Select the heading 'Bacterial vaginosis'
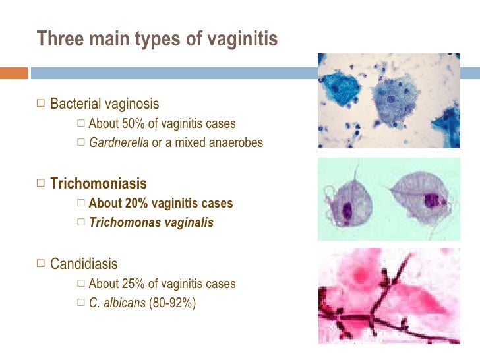coord(105,104)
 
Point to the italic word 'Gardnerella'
coord(119,142)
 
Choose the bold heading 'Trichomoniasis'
coord(99,184)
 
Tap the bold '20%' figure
coord(135,204)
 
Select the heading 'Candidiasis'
coord(84,264)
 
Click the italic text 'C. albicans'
coord(117,303)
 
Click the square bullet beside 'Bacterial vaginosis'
coord(42,104)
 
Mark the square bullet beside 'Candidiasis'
coord(42,264)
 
